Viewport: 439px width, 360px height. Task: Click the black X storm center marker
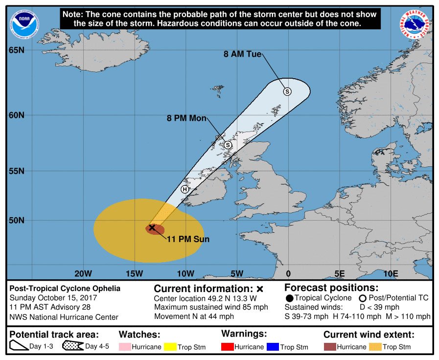[152, 227]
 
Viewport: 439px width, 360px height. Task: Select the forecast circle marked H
[185, 189]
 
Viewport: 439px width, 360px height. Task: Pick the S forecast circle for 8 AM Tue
[287, 91]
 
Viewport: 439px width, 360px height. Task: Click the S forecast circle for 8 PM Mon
[228, 145]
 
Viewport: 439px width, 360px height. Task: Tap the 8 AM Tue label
[243, 54]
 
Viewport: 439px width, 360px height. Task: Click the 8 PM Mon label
[186, 118]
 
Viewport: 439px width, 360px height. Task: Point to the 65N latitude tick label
[16, 50]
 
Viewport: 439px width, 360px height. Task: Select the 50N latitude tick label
[16, 220]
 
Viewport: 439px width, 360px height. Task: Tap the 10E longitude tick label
[391, 273]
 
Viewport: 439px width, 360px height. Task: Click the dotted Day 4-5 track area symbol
[72, 346]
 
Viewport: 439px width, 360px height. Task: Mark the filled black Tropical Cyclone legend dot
[289, 298]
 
